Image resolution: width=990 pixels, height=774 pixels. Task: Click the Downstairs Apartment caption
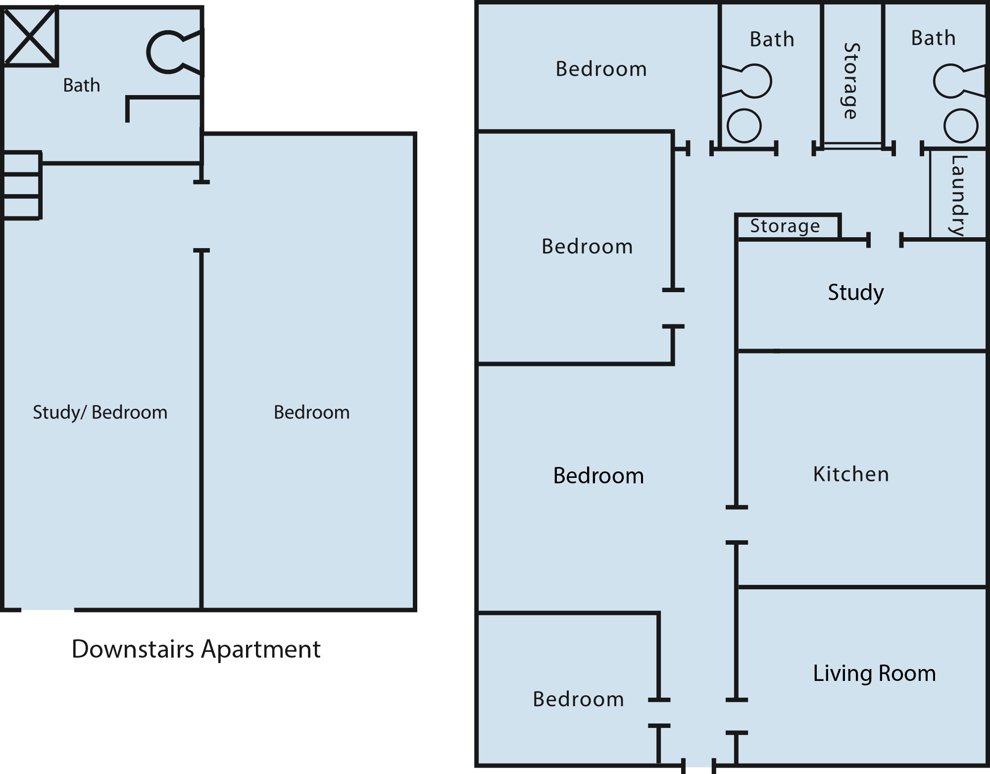196,650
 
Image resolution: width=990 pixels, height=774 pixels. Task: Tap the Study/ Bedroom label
100,413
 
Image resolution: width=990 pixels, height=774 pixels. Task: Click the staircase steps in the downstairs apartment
21,185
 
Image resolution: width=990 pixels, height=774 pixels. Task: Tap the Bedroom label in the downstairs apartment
312,413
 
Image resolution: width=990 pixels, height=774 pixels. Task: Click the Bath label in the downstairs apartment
82,85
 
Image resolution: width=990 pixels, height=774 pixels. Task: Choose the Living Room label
875,673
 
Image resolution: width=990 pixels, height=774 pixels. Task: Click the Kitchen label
851,474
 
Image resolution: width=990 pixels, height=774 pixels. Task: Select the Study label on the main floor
856,293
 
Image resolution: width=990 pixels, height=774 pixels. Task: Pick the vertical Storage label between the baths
851,81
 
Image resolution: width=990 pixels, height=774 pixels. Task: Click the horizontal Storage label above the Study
785,226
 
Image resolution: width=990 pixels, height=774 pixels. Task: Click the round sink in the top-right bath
961,126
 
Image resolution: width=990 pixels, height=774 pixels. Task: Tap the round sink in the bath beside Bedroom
744,125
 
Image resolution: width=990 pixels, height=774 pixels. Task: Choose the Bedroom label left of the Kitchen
598,476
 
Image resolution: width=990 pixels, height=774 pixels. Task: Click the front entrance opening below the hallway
698,765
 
